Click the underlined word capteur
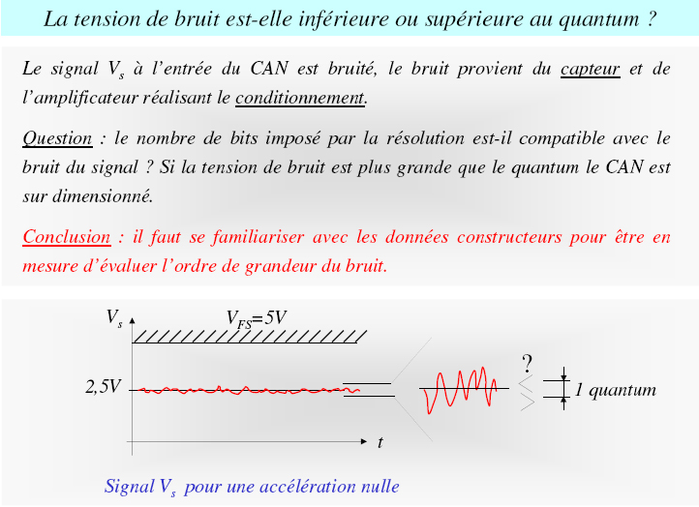coord(590,69)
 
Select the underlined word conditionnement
coord(300,98)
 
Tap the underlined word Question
coord(57,139)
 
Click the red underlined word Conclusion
coord(67,237)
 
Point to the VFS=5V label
coord(257,319)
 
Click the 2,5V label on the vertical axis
coord(103,387)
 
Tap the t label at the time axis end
coord(380,442)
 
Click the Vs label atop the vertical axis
coord(114,317)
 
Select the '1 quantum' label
coord(615,390)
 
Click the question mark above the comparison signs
coord(528,364)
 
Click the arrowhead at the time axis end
coord(364,441)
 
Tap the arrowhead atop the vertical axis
coord(132,320)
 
